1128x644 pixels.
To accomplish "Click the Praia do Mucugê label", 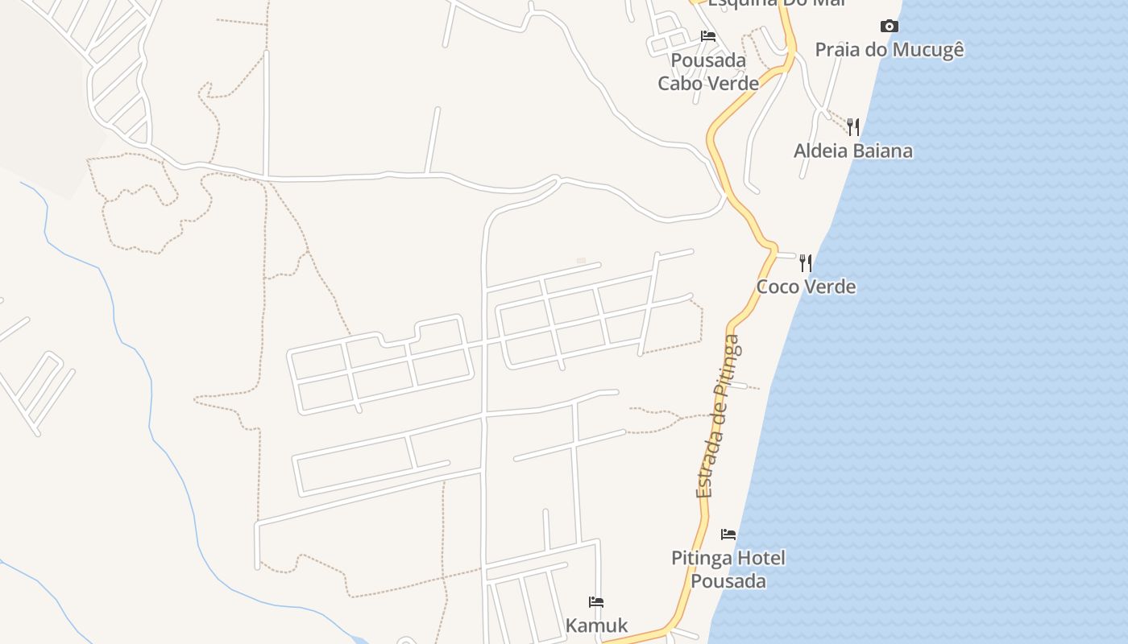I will [x=890, y=50].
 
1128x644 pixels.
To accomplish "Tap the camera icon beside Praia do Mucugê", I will [x=890, y=27].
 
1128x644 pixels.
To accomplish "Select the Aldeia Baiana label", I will [x=853, y=151].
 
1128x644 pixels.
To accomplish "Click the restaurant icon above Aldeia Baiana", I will [x=853, y=126].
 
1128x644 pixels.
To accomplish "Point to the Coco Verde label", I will [x=806, y=287].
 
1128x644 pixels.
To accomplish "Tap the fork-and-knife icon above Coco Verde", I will [x=806, y=262].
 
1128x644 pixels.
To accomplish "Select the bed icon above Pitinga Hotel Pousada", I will [x=728, y=535].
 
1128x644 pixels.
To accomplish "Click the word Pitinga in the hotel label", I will [x=702, y=558].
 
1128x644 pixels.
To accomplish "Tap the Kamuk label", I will [x=596, y=625].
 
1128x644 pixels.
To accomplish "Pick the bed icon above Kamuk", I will [x=596, y=602].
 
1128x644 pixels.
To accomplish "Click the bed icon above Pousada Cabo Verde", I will [x=708, y=36].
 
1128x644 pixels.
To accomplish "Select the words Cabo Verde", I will [x=708, y=83].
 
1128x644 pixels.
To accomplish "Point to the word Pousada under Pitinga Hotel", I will [x=728, y=581].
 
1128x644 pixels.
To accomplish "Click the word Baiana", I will [x=885, y=151].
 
